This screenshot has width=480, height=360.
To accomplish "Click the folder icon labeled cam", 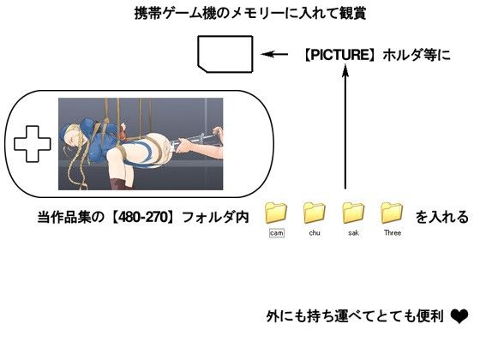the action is click(x=276, y=213).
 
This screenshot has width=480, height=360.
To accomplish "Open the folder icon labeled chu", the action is click(x=315, y=213).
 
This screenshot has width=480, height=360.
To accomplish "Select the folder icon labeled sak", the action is click(x=353, y=213).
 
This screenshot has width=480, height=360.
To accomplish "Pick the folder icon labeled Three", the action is click(x=392, y=213).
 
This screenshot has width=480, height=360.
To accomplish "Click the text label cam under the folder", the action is click(x=276, y=233).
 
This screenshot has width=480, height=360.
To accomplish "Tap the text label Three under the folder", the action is click(x=393, y=232).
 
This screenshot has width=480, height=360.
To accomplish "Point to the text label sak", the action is click(x=353, y=232).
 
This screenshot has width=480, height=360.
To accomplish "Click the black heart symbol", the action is click(x=459, y=316).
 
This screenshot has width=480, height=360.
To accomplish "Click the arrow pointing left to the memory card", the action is click(x=274, y=55).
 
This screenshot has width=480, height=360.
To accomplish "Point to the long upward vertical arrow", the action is click(x=345, y=127).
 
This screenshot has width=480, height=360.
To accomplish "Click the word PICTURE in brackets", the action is click(x=339, y=55).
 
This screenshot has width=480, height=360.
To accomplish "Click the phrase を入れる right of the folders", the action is click(x=441, y=217).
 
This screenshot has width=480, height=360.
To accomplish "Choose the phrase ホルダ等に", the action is click(x=417, y=55).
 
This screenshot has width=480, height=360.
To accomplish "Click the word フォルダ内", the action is click(x=215, y=217).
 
